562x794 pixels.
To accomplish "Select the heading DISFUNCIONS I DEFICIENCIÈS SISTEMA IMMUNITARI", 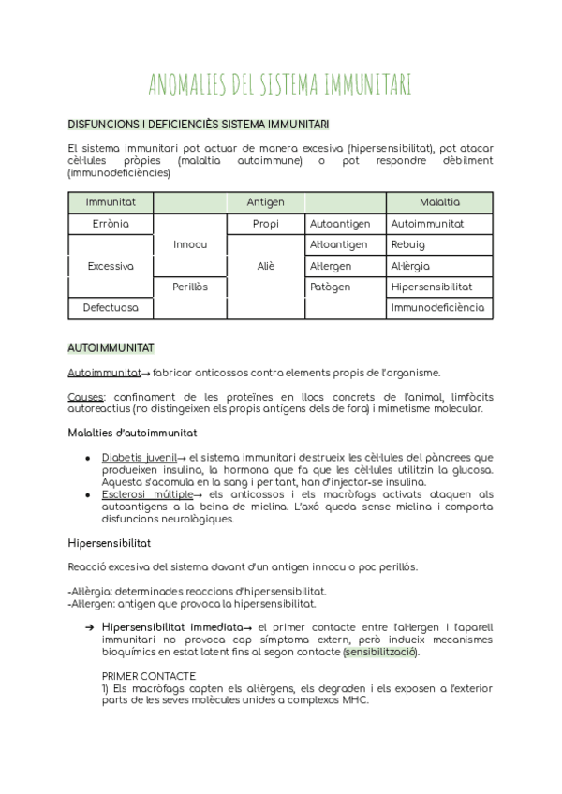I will click(x=198, y=125).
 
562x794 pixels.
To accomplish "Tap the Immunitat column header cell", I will click(x=111, y=202).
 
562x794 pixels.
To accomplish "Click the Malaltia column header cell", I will click(x=439, y=202).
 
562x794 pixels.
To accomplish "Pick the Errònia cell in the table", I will click(x=111, y=225).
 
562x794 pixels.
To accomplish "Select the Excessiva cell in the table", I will click(x=111, y=266).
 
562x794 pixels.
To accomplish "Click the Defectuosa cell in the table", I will click(x=111, y=307).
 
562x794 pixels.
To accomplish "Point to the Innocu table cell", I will click(x=190, y=244).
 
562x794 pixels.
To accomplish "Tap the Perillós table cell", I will click(x=190, y=287).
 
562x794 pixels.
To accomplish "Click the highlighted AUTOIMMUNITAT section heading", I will click(x=111, y=348).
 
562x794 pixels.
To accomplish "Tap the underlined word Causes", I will click(x=86, y=397).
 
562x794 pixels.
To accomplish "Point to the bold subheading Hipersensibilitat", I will click(x=110, y=543).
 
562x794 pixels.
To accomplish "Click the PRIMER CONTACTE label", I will click(x=148, y=675).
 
